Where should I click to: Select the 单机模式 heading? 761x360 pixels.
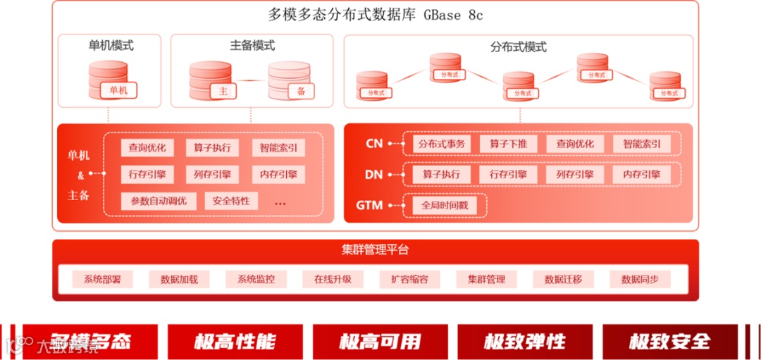pyautogui.click(x=111, y=46)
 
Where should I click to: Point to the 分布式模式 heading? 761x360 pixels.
pyautogui.click(x=518, y=47)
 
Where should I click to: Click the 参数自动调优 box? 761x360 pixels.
pyautogui.click(x=159, y=201)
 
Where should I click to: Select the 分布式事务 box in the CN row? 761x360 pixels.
pyautogui.click(x=442, y=144)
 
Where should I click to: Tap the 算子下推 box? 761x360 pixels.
pyautogui.click(x=508, y=144)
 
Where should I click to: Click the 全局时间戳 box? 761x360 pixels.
pyautogui.click(x=444, y=206)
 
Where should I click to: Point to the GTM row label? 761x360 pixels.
pyautogui.click(x=369, y=206)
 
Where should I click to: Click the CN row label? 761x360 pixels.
pyautogui.click(x=374, y=144)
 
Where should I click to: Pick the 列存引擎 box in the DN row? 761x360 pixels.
pyautogui.click(x=574, y=174)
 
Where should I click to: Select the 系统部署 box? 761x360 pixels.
pyautogui.click(x=102, y=279)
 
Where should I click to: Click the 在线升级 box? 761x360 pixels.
pyautogui.click(x=333, y=279)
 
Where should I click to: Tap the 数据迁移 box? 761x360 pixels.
pyautogui.click(x=563, y=279)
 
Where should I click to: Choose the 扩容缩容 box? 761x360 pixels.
pyautogui.click(x=409, y=279)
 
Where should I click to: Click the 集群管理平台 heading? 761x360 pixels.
pyautogui.click(x=376, y=250)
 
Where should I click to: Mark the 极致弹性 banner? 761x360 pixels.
pyautogui.click(x=525, y=342)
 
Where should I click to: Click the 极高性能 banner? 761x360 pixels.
pyautogui.click(x=235, y=342)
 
